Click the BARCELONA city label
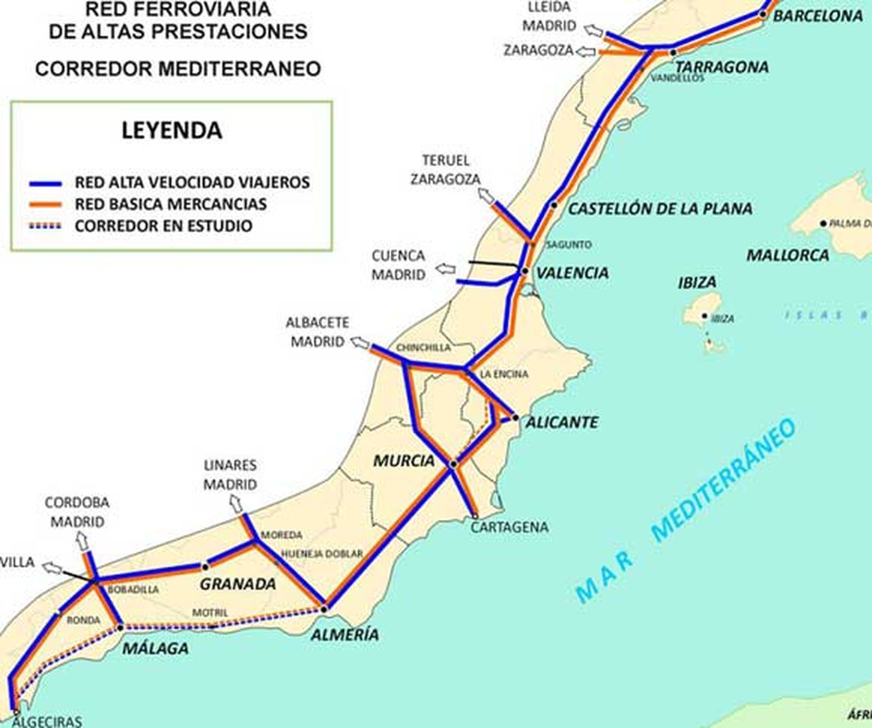[818, 16]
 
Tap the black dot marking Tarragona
[674, 53]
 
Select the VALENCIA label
[572, 273]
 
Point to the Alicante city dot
[516, 418]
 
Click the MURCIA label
[404, 461]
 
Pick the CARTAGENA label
[510, 527]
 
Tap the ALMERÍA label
[344, 634]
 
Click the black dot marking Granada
[205, 567]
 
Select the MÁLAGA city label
[155, 648]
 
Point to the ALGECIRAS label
[46, 721]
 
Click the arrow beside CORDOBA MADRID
[82, 542]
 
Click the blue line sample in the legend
[45, 184]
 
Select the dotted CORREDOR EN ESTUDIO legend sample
[45, 226]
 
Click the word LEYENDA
[172, 131]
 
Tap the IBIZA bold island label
[697, 282]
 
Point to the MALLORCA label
[788, 255]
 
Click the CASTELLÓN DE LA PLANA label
[660, 208]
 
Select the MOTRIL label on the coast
[210, 613]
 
